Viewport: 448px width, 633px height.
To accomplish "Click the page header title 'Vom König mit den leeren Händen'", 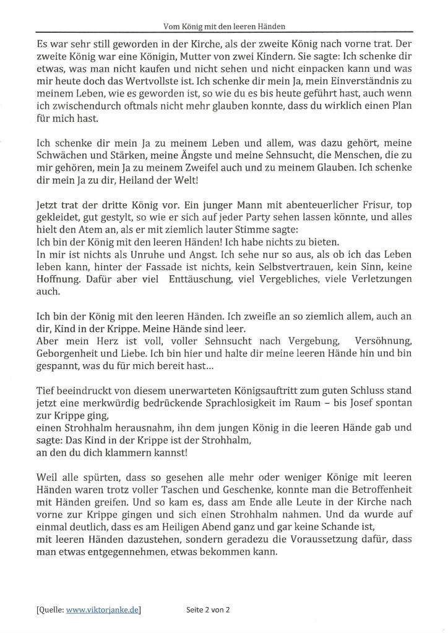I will coord(223,26).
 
